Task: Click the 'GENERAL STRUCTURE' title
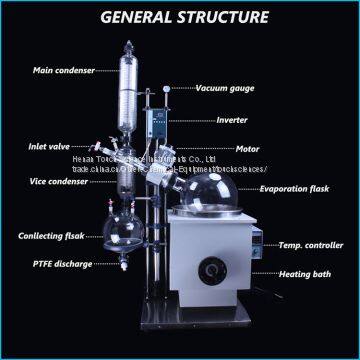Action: (181, 17)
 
